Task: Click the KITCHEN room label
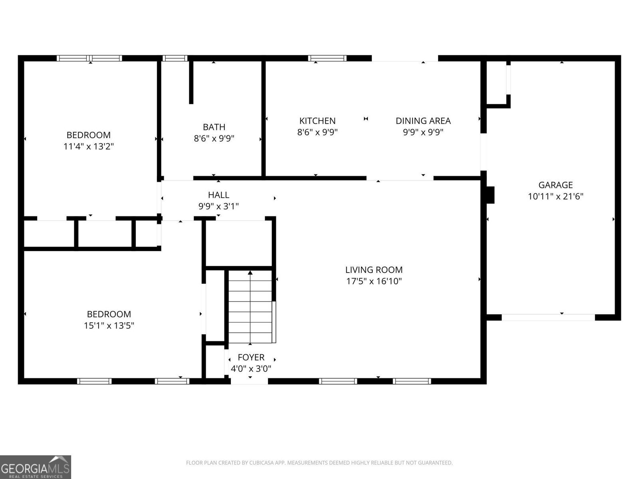pos(318,121)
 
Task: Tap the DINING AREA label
pos(423,121)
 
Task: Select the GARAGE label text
pos(556,185)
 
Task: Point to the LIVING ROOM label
pos(374,270)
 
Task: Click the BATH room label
pos(214,127)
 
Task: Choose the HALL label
pos(218,195)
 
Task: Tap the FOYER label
pos(251,357)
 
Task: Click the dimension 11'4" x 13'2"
pos(89,146)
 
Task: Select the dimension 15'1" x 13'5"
pos(109,325)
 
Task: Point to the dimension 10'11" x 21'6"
pos(556,197)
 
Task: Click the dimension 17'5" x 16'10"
pos(374,281)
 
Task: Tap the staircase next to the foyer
pos(250,307)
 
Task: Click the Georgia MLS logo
pos(36,467)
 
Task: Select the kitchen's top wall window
pos(327,58)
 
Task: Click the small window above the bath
pos(175,58)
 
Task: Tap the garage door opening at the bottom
pos(548,317)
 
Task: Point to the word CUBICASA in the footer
pos(260,462)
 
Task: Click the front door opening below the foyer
pos(249,381)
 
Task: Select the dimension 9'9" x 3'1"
pos(218,206)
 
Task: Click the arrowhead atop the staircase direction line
pos(250,273)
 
